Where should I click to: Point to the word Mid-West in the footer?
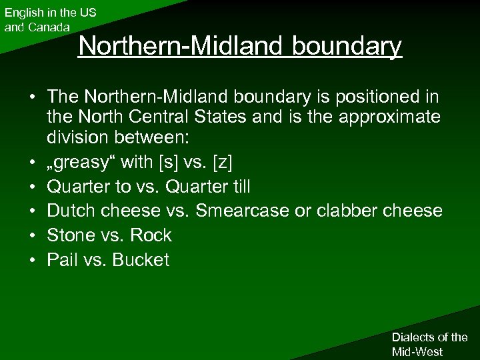click(x=418, y=351)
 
